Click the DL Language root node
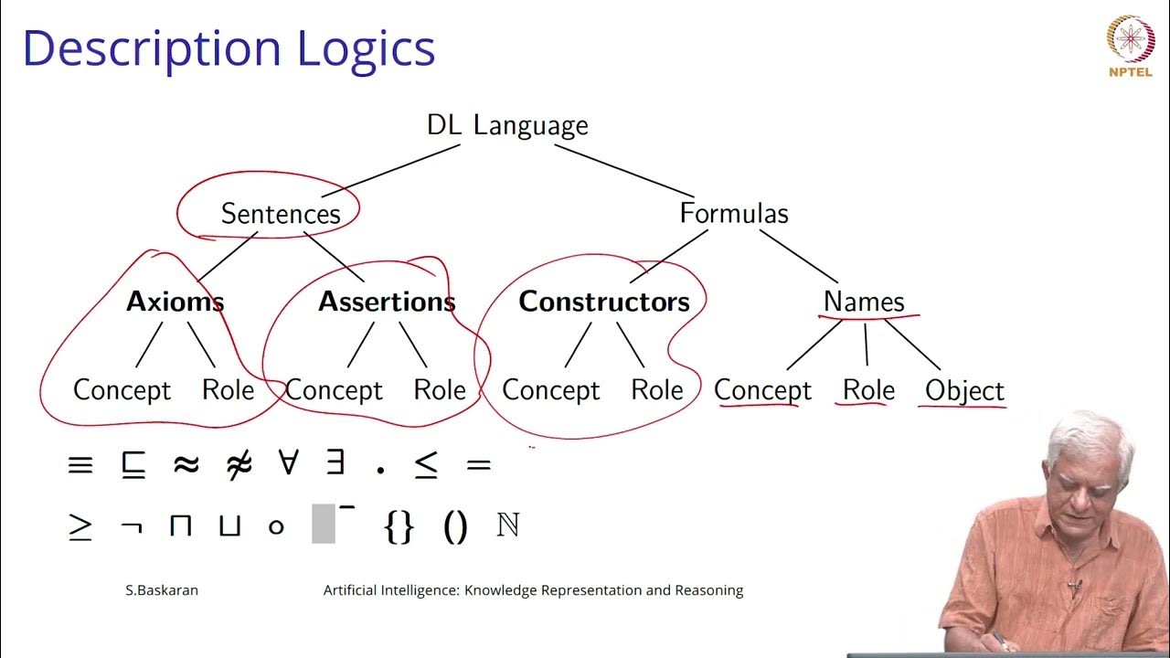(x=507, y=125)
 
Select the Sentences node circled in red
(x=281, y=214)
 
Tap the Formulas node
(x=733, y=214)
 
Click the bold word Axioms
(x=175, y=302)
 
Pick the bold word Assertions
(x=387, y=302)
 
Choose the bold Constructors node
(x=604, y=302)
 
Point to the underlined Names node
(x=864, y=302)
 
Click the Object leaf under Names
(x=964, y=390)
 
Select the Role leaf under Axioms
(x=228, y=390)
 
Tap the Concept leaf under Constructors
(x=551, y=390)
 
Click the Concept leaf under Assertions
(x=334, y=390)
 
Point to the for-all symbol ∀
(x=288, y=463)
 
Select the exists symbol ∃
(x=335, y=463)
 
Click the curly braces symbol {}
(x=399, y=527)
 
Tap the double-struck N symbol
(x=507, y=525)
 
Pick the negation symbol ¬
(x=131, y=527)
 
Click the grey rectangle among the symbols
(x=324, y=524)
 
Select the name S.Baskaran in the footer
(x=162, y=590)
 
